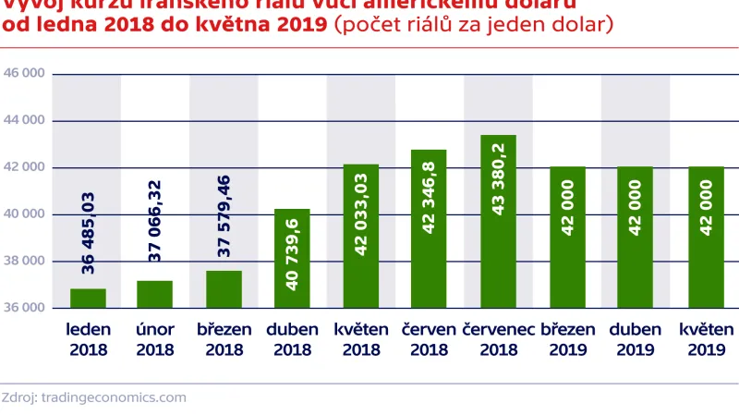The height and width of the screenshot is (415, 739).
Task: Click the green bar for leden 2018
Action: (x=87, y=298)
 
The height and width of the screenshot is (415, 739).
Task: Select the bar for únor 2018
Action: (x=154, y=294)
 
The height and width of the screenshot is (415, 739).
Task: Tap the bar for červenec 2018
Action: (x=497, y=222)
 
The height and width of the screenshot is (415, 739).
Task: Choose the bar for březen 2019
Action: (x=566, y=237)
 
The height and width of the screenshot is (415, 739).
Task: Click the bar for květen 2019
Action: (x=707, y=237)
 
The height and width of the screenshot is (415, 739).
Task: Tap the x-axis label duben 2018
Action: (x=292, y=339)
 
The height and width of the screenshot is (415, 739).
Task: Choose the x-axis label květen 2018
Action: (x=360, y=339)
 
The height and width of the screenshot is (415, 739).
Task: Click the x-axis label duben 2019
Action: (x=635, y=339)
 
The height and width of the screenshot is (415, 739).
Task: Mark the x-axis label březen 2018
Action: (x=224, y=339)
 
